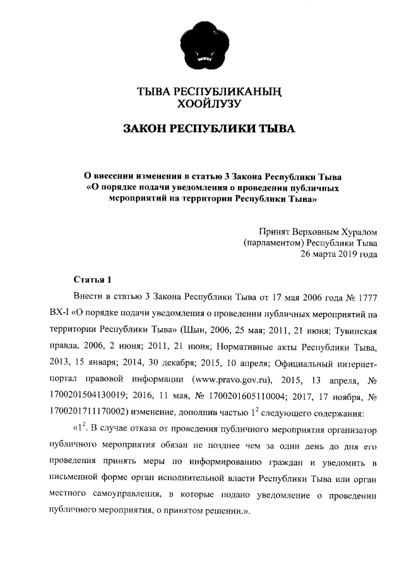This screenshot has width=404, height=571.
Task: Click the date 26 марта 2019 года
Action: tap(338, 255)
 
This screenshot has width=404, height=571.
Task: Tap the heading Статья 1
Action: tap(93, 280)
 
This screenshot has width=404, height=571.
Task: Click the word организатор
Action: tap(349, 430)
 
